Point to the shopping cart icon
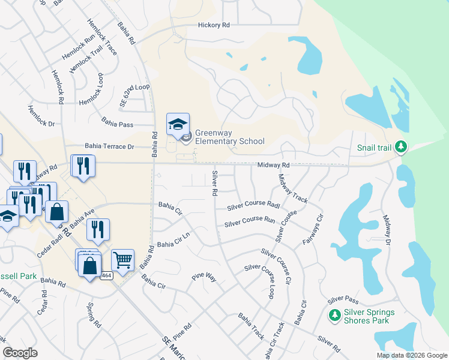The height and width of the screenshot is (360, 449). (x=122, y=260)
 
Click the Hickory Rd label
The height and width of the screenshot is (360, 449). (x=214, y=26)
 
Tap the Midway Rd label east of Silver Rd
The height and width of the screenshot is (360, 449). (x=274, y=165)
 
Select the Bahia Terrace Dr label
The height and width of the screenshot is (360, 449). (x=109, y=146)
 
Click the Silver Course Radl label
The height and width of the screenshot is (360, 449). (x=253, y=206)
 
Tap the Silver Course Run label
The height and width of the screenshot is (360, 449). (x=250, y=222)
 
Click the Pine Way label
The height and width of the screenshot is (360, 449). (x=203, y=277)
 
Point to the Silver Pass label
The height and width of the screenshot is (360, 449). (x=343, y=299)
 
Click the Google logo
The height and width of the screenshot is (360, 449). (x=20, y=352)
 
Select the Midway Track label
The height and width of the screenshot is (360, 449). (x=293, y=189)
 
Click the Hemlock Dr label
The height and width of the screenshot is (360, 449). (x=41, y=115)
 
